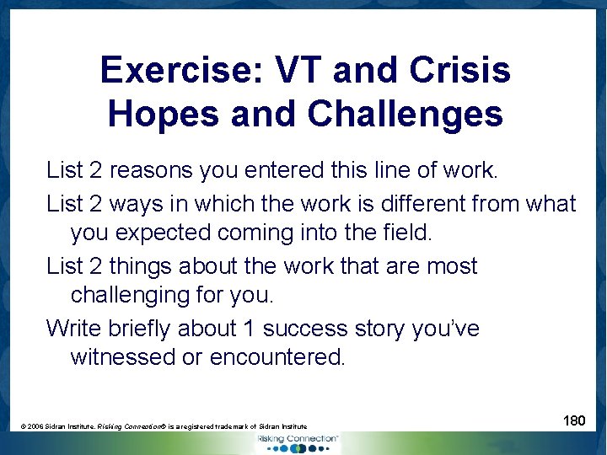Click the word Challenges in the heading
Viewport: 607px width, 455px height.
click(405, 114)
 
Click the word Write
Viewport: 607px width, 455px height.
click(73, 328)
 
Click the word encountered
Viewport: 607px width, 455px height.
click(277, 357)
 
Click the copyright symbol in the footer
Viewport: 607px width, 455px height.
click(23, 427)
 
